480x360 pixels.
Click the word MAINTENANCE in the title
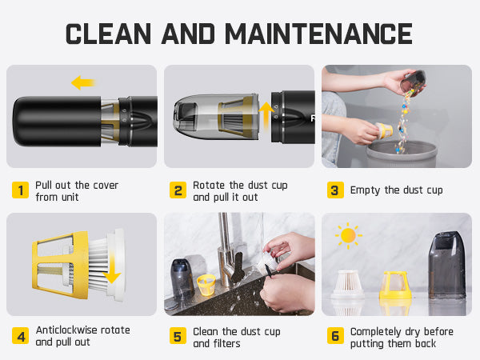click(x=318, y=34)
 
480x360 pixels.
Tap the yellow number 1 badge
click(x=20, y=190)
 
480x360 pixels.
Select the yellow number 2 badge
click(x=178, y=190)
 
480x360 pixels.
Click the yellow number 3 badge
click(x=335, y=190)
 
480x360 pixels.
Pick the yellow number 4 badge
click(x=20, y=336)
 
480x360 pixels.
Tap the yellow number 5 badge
click(x=178, y=336)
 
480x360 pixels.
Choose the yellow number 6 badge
click(x=335, y=336)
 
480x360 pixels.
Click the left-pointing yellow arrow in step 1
click(x=83, y=82)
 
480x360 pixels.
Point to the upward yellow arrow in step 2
click(x=266, y=116)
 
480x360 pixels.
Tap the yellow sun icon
click(x=348, y=235)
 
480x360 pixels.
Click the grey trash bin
click(x=402, y=154)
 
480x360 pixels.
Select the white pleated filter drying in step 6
click(x=348, y=284)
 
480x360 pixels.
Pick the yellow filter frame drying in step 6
click(x=395, y=285)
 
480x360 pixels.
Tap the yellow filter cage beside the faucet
click(x=206, y=285)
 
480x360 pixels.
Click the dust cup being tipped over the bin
click(x=413, y=82)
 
